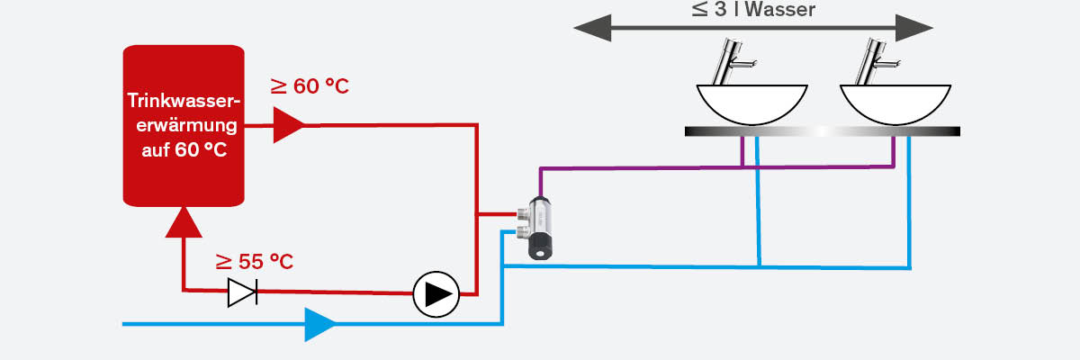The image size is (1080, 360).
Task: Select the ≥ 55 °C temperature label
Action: tap(255, 262)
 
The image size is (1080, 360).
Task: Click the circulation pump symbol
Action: tap(436, 293)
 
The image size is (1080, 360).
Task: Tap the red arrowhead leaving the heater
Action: tap(288, 125)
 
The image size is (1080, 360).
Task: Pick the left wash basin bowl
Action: tap(751, 103)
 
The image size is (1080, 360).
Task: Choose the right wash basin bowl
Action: tap(895, 103)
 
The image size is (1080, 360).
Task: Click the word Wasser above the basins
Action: tap(778, 11)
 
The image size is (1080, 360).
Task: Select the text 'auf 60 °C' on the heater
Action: tap(184, 148)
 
